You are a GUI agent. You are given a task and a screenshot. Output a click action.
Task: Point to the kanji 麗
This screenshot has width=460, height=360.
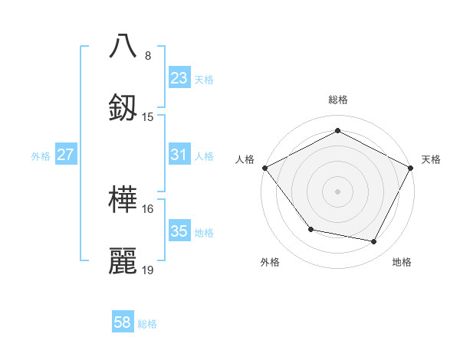point(123,260)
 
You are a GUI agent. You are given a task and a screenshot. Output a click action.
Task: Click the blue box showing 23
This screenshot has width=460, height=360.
point(179,78)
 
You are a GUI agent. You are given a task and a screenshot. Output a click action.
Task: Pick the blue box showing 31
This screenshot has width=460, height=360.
point(179,155)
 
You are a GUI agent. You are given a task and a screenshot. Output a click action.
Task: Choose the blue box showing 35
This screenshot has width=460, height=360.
point(179,231)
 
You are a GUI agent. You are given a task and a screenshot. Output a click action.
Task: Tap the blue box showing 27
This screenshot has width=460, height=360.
point(65,155)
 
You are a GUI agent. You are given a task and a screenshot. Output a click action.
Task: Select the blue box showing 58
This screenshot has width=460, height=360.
point(123,322)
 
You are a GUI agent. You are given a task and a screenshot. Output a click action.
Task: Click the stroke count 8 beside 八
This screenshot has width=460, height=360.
point(148,56)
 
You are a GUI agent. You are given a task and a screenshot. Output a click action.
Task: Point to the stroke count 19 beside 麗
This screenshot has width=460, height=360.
point(148,270)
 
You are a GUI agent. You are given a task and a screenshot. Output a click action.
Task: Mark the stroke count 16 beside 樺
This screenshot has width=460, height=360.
point(148,208)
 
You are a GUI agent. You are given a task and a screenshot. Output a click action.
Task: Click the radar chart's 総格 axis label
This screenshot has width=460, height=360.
point(337,100)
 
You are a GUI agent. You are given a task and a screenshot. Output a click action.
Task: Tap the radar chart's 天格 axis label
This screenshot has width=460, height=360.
point(431,159)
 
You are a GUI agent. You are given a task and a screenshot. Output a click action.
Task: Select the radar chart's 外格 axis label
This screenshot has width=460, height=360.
point(270,262)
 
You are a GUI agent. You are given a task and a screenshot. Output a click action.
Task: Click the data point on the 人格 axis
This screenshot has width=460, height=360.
point(264,167)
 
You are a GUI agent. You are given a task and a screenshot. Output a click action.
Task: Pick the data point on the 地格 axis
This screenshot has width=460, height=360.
point(374,242)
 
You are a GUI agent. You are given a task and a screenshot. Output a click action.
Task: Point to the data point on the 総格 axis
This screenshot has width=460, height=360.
point(337,131)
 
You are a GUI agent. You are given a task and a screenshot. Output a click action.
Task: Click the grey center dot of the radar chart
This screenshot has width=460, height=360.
point(337,191)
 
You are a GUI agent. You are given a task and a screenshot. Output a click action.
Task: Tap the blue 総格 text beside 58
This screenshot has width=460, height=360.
point(147,324)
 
